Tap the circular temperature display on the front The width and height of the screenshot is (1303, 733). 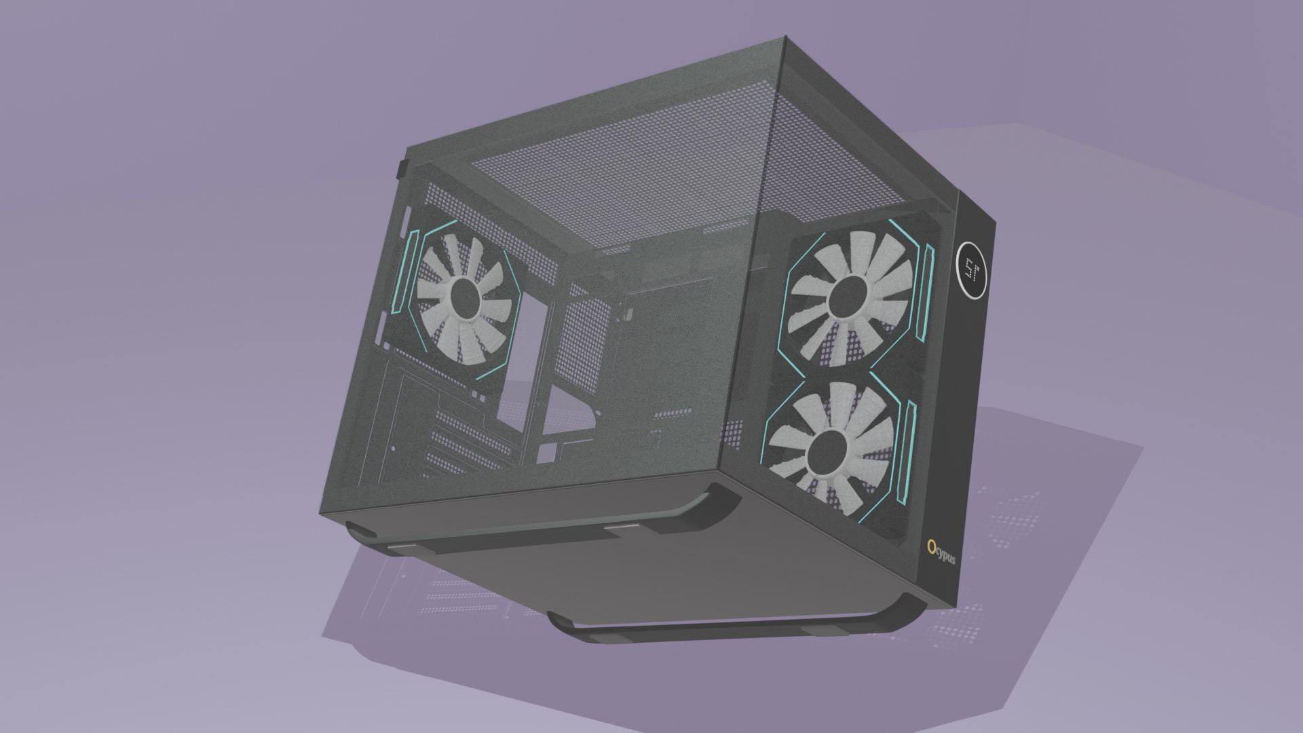coord(970,269)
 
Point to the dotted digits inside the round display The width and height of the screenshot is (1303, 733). coord(969,269)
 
